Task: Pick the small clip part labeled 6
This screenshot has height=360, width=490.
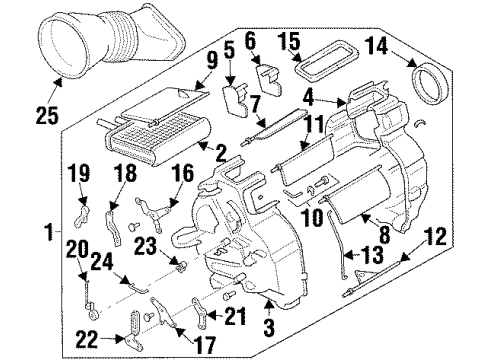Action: [267, 79]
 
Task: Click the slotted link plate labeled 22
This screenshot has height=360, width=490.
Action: [137, 327]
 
